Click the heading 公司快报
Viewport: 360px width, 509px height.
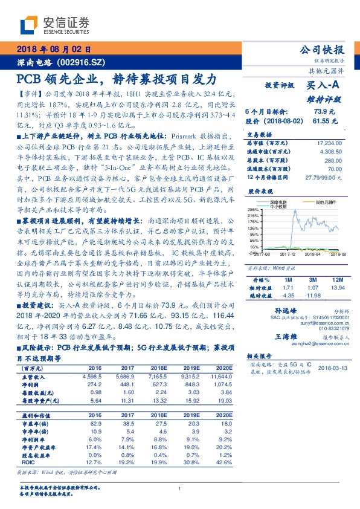tap(326, 50)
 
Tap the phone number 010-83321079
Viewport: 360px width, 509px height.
tap(330, 329)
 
